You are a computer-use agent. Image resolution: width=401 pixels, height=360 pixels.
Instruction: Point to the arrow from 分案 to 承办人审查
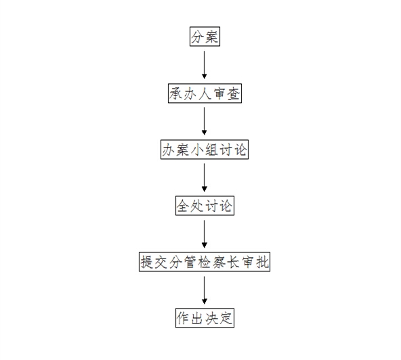204,65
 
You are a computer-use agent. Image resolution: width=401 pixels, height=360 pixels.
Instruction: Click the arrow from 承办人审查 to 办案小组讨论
204,121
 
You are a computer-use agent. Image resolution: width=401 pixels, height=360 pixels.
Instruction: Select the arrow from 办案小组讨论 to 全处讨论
204,177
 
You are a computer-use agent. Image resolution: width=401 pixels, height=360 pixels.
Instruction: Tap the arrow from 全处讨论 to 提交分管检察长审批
204,234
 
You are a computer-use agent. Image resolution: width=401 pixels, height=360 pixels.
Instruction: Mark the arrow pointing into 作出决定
204,290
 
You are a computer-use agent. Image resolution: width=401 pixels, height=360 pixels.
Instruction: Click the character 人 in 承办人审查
205,93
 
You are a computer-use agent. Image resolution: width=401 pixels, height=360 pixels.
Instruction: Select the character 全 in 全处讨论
183,206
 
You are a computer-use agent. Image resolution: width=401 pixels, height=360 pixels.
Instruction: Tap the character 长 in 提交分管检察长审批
233,262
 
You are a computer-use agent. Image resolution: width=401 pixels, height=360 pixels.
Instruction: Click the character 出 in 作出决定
197,318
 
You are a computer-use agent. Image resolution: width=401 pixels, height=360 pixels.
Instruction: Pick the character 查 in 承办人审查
234,93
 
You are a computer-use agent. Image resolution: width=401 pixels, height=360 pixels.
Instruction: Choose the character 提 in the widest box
147,262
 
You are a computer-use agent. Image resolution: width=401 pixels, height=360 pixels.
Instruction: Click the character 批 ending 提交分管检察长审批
262,262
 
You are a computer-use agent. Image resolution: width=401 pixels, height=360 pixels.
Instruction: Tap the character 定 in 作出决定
226,318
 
